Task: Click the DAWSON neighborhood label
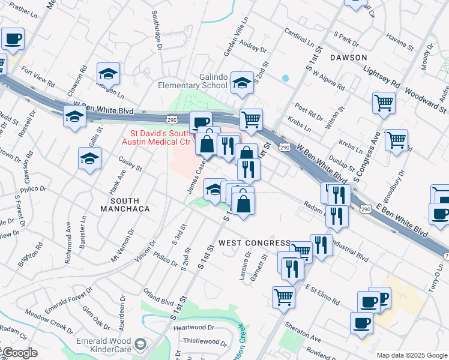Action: pos(348,57)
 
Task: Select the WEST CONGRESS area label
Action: pos(255,242)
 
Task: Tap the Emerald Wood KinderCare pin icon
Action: pos(140,344)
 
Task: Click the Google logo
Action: pos(19,353)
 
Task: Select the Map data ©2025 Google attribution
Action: pos(411,355)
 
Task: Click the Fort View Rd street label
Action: pos(38,78)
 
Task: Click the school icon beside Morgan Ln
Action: pos(108,74)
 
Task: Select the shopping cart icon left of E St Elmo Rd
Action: pos(283,295)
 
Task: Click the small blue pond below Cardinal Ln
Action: pos(285,78)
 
